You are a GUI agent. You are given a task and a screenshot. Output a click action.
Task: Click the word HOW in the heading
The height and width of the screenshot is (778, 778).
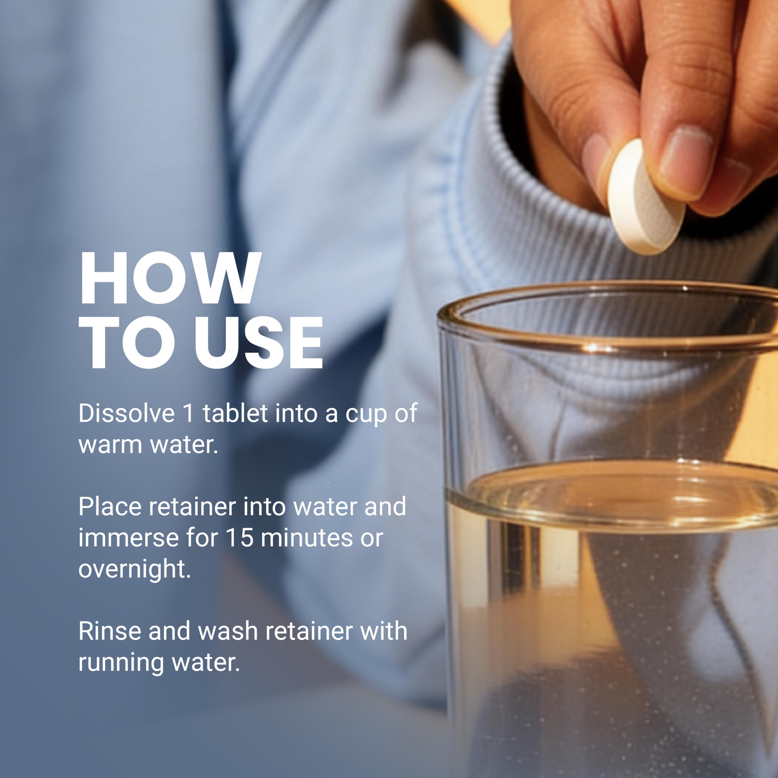(x=170, y=278)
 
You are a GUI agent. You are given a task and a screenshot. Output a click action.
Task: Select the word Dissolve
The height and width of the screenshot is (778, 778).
(x=126, y=413)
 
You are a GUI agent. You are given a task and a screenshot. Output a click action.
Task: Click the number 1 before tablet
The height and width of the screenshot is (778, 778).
(x=188, y=414)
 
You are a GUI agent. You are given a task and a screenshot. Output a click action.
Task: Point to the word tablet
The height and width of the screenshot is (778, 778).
(x=235, y=413)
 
